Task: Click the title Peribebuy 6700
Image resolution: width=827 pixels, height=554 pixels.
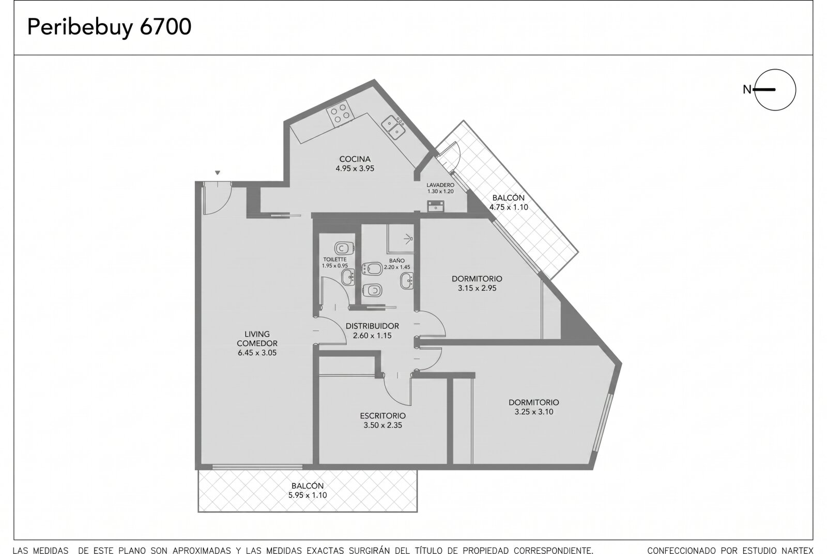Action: point(109,27)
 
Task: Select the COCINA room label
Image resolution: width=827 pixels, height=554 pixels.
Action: point(355,159)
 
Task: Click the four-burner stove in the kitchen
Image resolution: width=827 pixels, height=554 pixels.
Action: point(341,113)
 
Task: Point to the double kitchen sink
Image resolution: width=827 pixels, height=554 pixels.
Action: point(393,128)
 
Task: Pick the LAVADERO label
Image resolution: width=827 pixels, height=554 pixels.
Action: point(440,185)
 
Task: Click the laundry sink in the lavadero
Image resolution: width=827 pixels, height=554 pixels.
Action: point(436,206)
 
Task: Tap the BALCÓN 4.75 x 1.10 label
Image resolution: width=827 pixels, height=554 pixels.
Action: point(509,202)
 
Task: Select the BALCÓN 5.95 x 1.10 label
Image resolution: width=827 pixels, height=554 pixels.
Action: point(308,490)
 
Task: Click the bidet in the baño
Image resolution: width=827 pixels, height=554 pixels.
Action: point(372,268)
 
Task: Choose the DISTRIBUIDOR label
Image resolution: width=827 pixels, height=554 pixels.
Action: point(372,326)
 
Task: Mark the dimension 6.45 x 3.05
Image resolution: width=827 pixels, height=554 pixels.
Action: point(257,353)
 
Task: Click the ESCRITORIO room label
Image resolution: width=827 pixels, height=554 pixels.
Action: point(383,416)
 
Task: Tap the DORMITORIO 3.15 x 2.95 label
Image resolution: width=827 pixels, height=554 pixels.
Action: point(477,283)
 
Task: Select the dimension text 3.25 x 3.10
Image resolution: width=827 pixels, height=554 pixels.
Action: point(534,411)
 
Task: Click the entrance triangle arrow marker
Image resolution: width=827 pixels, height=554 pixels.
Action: point(218,172)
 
